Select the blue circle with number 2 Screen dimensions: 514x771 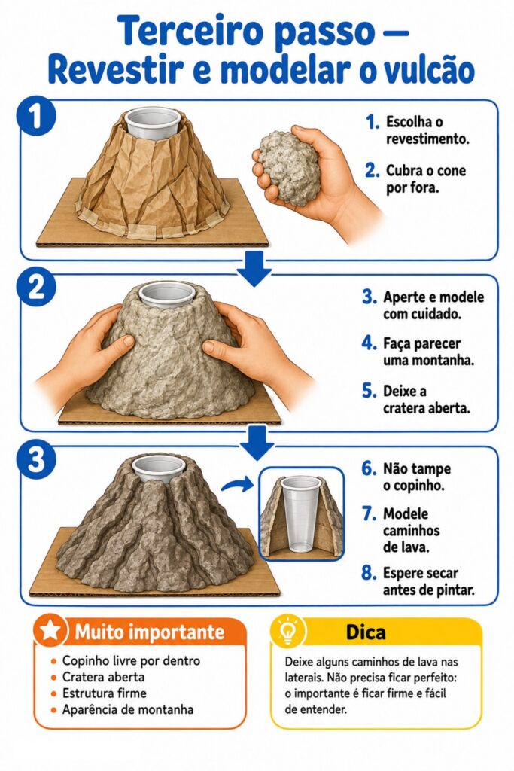click(x=36, y=288)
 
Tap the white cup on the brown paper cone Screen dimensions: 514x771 click(x=152, y=123)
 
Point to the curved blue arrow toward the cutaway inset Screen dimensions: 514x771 click(x=237, y=486)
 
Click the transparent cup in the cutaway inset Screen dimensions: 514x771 click(x=301, y=513)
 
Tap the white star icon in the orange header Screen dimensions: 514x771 click(x=50, y=631)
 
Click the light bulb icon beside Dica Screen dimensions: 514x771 click(x=287, y=632)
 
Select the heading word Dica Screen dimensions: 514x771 click(x=366, y=632)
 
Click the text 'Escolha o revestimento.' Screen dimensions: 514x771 click(x=427, y=130)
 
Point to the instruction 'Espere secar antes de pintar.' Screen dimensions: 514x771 click(x=429, y=581)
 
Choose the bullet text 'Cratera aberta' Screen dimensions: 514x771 click(x=103, y=677)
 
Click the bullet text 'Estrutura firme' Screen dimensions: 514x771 click(x=104, y=693)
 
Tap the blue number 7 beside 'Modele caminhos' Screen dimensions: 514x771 click(x=370, y=513)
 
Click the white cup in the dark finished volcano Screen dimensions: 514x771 click(x=159, y=468)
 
